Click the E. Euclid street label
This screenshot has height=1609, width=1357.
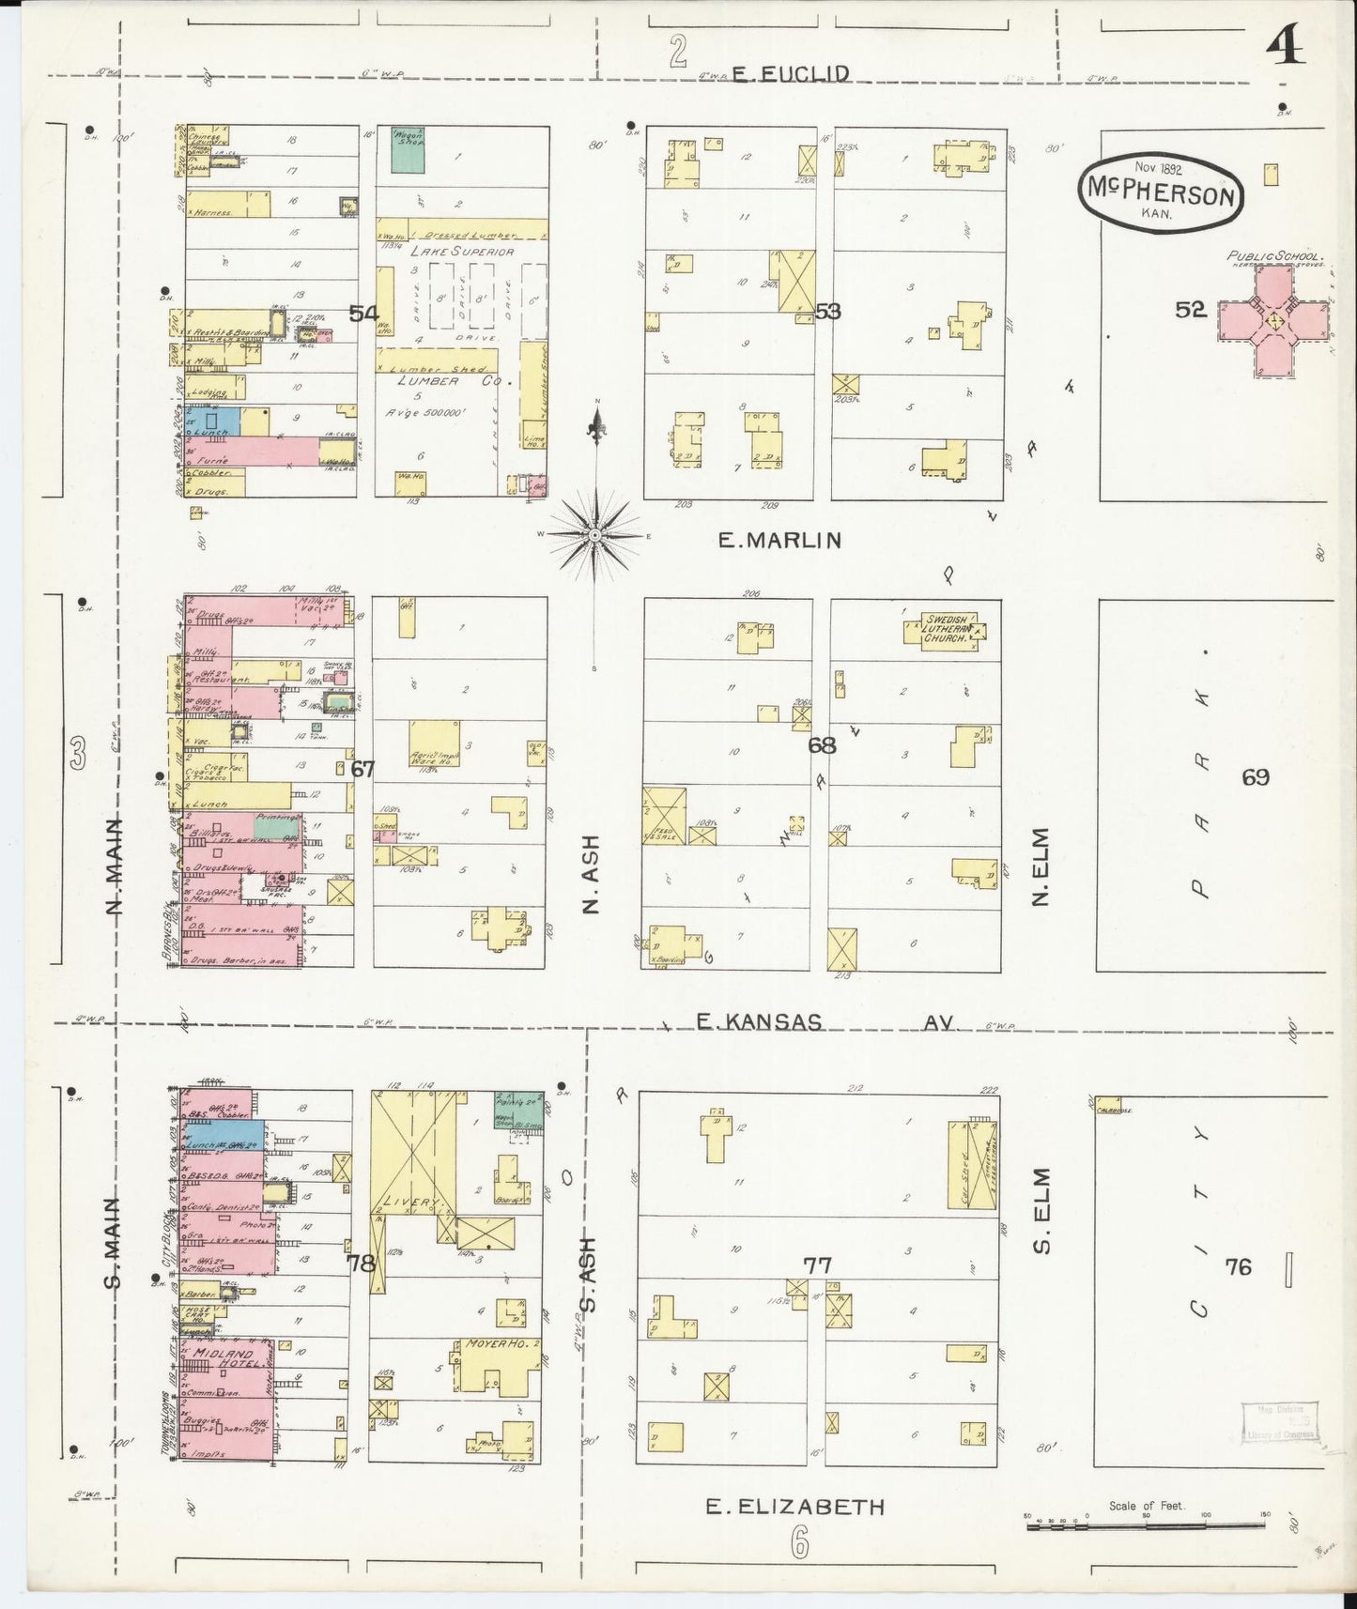coord(792,73)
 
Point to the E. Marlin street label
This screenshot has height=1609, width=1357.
coord(779,540)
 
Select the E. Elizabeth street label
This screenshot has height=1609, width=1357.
coord(795,1508)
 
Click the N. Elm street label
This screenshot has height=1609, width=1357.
coord(1040,866)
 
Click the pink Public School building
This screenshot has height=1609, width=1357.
coord(1272,320)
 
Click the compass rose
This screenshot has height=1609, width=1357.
coord(595,534)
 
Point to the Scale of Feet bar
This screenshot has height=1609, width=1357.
coord(1147,1527)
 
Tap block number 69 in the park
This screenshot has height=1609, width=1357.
coord(1255,777)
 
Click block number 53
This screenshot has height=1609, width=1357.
coord(827,311)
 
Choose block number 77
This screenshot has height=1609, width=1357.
coord(817,1265)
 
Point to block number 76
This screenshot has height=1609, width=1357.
coord(1238,1267)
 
